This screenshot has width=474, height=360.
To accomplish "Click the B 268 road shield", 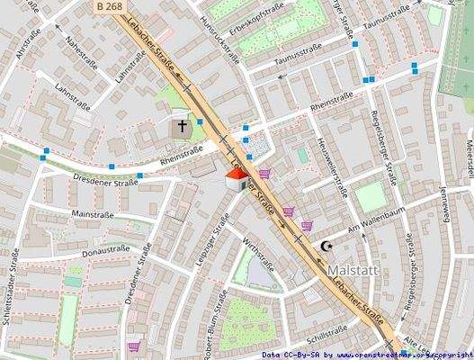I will point(108,5).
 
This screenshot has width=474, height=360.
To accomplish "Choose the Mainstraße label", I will point(91,215).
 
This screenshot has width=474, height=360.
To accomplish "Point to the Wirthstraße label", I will point(261,249).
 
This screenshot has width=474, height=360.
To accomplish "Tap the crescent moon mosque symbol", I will point(326,246).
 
